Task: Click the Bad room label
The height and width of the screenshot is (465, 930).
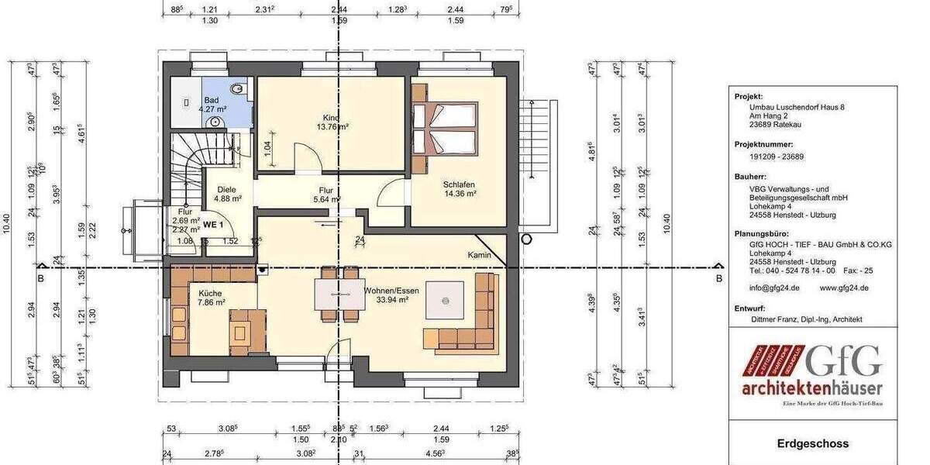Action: (x=211, y=101)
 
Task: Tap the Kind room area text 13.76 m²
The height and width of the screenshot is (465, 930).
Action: (x=331, y=126)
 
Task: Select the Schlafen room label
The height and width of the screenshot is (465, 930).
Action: (x=459, y=184)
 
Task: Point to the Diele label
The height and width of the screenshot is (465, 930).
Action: (x=226, y=189)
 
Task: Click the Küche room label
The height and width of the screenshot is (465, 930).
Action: (x=210, y=293)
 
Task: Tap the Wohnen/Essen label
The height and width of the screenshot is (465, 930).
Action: (x=391, y=291)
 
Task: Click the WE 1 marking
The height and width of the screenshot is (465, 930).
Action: (x=213, y=225)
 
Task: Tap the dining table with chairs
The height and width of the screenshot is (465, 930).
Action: (x=339, y=294)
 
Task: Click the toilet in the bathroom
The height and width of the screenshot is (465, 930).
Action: (x=239, y=90)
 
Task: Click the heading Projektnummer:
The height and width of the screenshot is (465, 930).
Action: (x=763, y=144)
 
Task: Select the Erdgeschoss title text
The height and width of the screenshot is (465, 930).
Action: (x=812, y=444)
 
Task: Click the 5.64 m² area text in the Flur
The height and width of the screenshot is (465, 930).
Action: (x=325, y=199)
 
